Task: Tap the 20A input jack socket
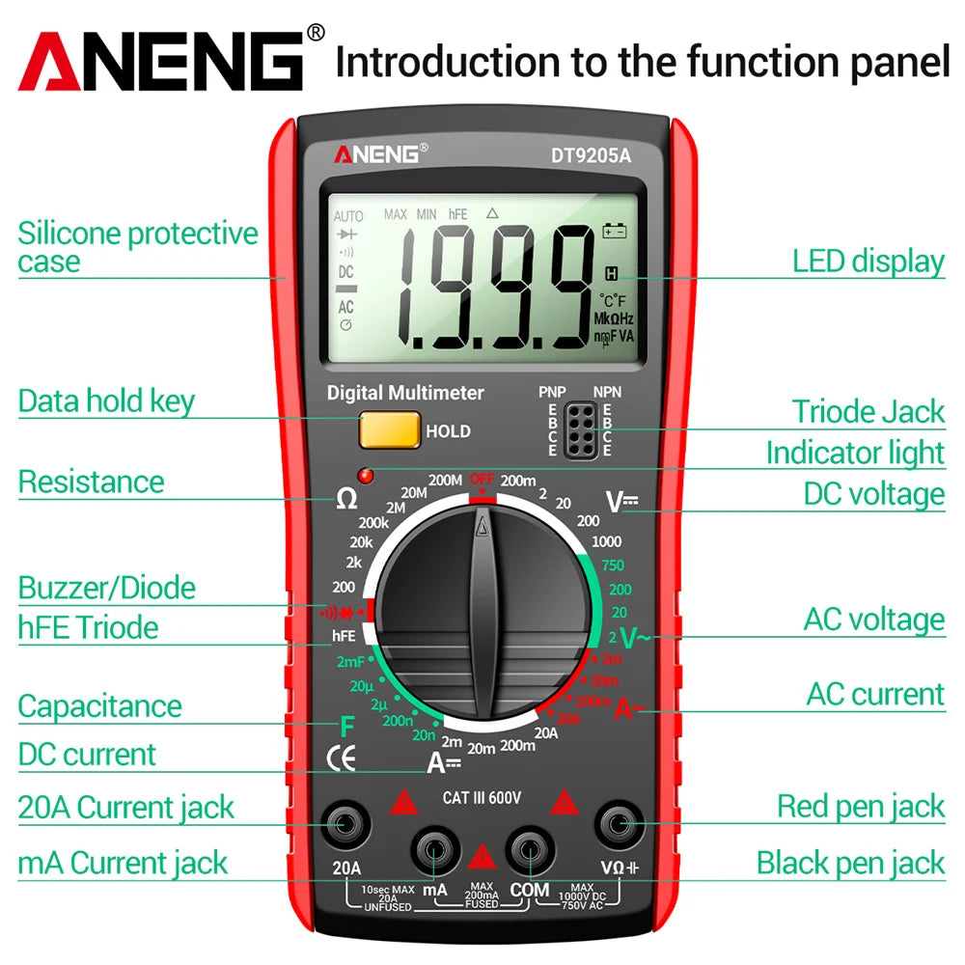(345, 823)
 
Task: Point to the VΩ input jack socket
(619, 823)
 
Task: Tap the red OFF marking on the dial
(482, 480)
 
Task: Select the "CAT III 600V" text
(482, 797)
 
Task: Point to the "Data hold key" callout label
(106, 401)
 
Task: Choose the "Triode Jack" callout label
(868, 412)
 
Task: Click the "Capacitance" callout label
(99, 706)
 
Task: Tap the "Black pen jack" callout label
(850, 863)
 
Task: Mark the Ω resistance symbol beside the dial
(345, 499)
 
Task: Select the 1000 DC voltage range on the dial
(606, 541)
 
